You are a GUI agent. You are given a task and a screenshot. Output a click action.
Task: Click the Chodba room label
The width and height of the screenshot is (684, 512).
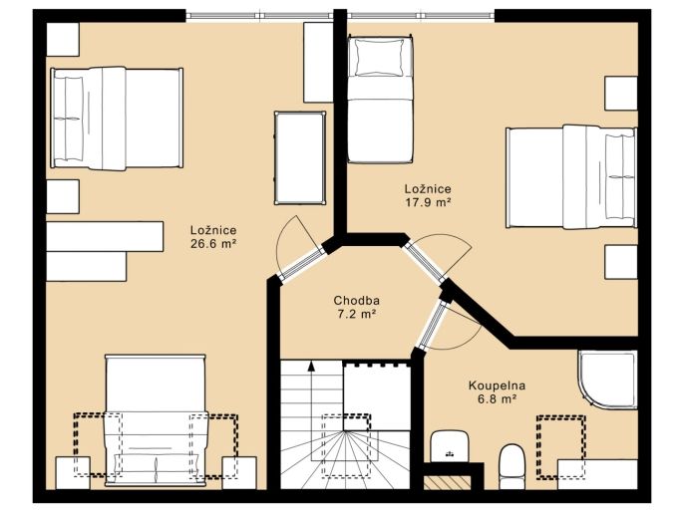[356, 300]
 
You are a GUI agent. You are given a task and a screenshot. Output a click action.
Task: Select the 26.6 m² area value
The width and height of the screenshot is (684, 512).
[213, 244]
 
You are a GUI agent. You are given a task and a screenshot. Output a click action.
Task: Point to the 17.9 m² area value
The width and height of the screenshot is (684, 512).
[428, 202]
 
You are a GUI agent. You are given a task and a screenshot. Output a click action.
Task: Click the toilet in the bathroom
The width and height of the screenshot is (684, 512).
[513, 466]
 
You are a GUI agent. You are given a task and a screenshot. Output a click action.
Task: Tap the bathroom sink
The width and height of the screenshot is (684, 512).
[450, 446]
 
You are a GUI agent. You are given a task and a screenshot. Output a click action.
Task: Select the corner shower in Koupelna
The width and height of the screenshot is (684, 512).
[607, 380]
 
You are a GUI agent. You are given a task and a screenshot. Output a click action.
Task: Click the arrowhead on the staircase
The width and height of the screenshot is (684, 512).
[311, 366]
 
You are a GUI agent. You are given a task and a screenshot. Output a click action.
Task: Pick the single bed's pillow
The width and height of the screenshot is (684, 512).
[380, 58]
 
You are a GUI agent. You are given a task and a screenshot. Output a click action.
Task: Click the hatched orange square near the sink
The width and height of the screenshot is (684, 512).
[447, 482]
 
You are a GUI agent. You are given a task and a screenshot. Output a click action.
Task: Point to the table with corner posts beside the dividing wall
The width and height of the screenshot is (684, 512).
[300, 157]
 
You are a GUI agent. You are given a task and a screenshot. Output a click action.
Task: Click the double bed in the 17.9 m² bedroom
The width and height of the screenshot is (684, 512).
[571, 177]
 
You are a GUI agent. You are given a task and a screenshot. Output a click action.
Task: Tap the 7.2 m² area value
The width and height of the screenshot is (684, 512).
[356, 314]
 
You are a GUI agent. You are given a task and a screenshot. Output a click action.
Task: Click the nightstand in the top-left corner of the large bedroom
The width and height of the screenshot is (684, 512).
[63, 39]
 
